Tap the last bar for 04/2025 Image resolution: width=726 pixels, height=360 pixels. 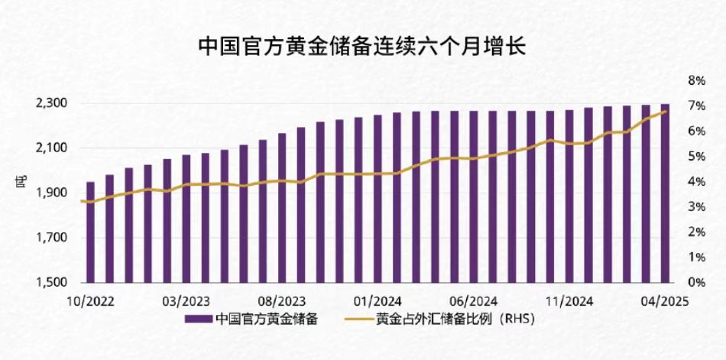[666, 193]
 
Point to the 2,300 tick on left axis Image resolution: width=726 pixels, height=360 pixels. [54, 103]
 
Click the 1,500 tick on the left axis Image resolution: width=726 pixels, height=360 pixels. [54, 283]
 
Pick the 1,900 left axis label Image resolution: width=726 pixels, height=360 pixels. [54, 193]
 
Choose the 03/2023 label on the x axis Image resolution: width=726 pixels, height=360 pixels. [186, 301]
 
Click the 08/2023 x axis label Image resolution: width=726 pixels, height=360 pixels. [282, 301]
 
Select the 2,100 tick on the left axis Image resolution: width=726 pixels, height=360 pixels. [54, 148]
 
